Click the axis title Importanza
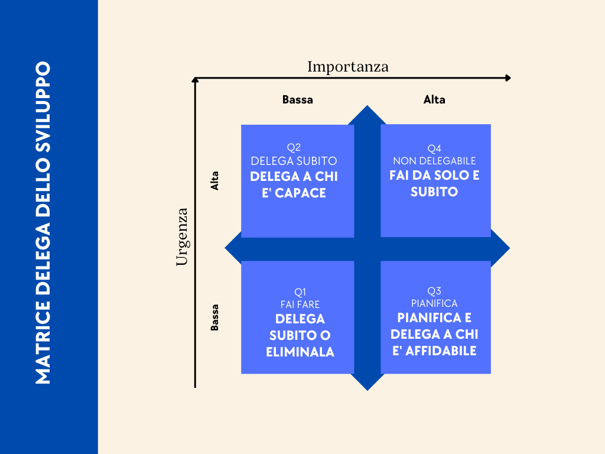click(348, 67)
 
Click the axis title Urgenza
click(182, 236)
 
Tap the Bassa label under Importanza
click(297, 100)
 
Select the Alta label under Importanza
click(434, 100)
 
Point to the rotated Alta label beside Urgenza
click(215, 180)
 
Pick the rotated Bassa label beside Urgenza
click(215, 317)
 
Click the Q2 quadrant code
click(294, 148)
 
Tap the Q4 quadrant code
click(434, 148)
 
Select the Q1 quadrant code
click(300, 291)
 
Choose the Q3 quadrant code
click(434, 290)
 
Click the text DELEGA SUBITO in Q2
click(294, 161)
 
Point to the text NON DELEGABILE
click(434, 161)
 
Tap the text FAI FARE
click(300, 304)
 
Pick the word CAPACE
click(302, 193)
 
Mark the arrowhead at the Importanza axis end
click(508, 78)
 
